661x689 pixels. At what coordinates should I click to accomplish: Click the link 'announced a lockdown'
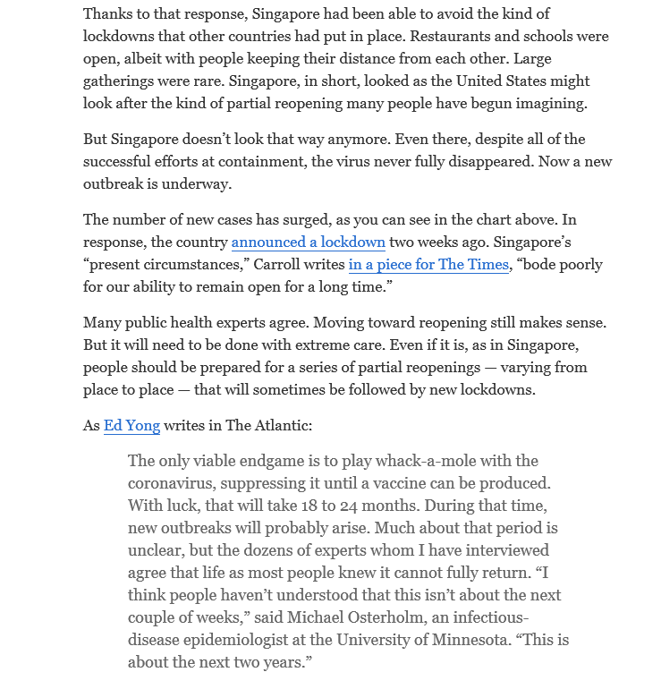[x=309, y=242]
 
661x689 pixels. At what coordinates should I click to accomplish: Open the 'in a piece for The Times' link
[x=428, y=265]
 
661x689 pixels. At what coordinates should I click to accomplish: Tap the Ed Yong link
[x=132, y=426]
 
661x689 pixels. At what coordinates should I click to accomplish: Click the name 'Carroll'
[x=278, y=265]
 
